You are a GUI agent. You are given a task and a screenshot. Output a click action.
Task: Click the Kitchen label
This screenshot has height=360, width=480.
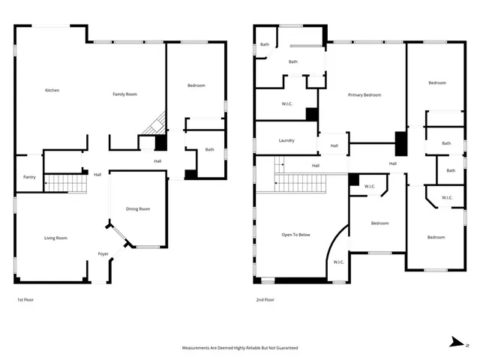point(52,91)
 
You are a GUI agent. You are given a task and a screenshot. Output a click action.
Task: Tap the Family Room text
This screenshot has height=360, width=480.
point(124,94)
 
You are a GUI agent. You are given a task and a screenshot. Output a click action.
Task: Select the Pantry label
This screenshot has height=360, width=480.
point(29,177)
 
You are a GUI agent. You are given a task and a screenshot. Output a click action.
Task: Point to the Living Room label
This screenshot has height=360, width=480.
point(55,238)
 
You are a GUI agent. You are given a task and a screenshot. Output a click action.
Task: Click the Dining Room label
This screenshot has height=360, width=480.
point(138,209)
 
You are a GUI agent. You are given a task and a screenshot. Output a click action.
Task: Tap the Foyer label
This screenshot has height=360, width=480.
point(103,254)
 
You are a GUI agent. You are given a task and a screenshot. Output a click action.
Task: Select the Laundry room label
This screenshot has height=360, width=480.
point(286,140)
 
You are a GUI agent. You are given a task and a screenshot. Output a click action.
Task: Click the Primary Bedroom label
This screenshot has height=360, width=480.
point(364,95)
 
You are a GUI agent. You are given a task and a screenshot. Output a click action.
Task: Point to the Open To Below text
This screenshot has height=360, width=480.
point(295,235)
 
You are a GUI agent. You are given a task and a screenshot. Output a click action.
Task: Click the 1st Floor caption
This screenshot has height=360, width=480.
point(25,300)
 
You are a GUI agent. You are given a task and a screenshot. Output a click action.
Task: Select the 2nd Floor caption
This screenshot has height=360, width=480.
point(265,300)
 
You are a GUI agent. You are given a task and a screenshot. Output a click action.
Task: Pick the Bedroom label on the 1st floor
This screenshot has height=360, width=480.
point(196,85)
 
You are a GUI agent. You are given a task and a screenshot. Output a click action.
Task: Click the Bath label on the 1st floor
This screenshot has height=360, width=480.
point(209,149)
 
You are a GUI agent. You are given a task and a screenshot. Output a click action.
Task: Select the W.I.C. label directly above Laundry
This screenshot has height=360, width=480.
point(286,103)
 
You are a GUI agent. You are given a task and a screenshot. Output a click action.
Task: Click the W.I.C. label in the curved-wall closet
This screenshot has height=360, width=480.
point(338,262)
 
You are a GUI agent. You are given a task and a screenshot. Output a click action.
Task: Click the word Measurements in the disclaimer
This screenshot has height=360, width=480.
point(199,348)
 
